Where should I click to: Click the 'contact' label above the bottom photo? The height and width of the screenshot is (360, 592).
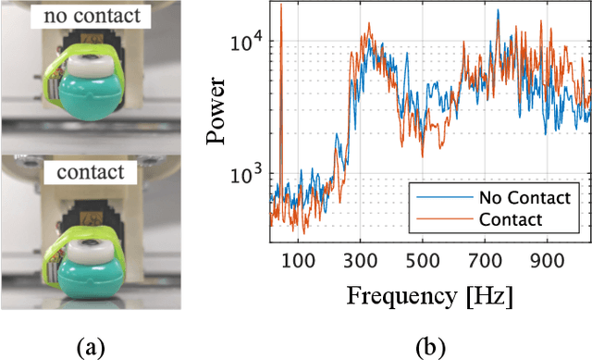(89, 172)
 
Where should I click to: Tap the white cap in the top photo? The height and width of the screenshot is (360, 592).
(92, 68)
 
